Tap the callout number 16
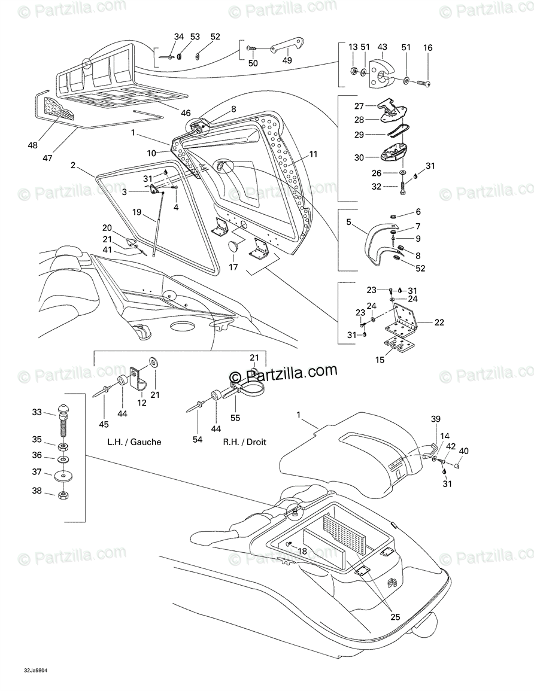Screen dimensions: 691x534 (427, 48)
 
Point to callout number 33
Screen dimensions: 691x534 (37, 412)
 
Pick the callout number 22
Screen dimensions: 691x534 (439, 322)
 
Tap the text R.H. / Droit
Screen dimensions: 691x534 (244, 442)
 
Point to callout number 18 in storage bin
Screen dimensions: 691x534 (302, 551)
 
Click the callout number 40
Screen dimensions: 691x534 (464, 450)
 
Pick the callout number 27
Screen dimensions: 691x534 (359, 106)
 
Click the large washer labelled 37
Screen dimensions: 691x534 (63, 476)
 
